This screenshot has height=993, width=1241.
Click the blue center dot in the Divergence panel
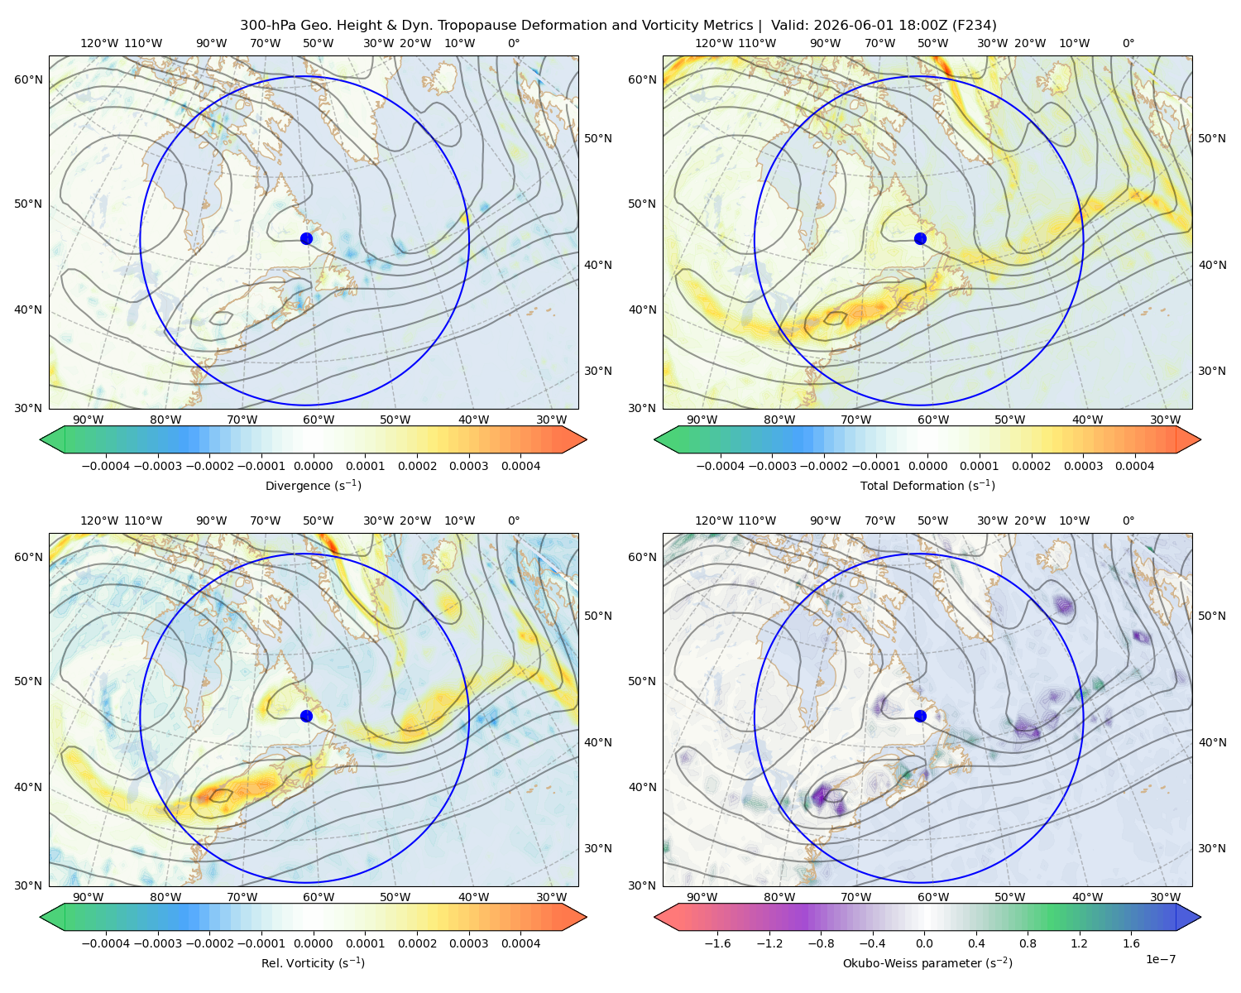click(x=306, y=239)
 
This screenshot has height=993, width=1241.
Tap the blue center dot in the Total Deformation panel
click(x=920, y=239)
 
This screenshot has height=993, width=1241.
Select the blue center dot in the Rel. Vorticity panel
click(x=306, y=716)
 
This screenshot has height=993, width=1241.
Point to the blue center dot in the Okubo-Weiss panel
click(x=920, y=716)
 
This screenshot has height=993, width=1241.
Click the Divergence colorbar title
click(x=313, y=486)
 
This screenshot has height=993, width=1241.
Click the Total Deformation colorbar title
click(x=927, y=486)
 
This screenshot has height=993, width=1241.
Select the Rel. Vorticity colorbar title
click(x=313, y=963)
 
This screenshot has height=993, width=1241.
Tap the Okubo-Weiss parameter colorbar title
click(x=927, y=963)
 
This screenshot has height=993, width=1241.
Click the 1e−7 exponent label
click(x=1160, y=960)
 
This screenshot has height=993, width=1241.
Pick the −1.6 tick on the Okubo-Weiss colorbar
click(x=717, y=943)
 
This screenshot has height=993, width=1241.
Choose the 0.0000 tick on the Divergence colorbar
click(x=313, y=466)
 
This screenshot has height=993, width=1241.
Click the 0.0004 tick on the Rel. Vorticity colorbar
click(x=520, y=943)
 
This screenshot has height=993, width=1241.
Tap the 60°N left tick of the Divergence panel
click(x=28, y=79)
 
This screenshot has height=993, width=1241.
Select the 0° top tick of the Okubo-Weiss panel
click(x=1128, y=520)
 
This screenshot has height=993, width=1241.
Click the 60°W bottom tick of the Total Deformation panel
click(x=933, y=420)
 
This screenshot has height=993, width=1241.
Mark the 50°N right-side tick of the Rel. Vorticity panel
click(x=598, y=616)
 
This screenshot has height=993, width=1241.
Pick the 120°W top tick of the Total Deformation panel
click(x=713, y=43)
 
